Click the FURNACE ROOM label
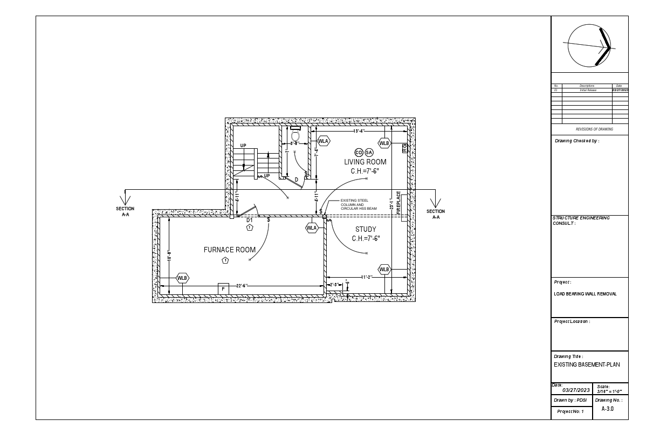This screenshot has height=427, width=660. click(229, 250)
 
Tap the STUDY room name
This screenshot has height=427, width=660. click(366, 230)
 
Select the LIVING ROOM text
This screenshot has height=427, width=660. click(365, 162)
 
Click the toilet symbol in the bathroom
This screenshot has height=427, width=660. click(295, 135)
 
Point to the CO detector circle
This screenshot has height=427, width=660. click(359, 153)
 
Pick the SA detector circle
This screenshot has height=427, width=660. click(369, 153)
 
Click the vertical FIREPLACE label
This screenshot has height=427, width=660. click(399, 203)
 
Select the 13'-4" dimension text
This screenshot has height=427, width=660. click(359, 131)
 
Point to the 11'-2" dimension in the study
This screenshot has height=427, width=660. click(367, 277)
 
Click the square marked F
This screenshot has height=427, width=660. click(223, 289)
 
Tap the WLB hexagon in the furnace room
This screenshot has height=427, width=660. click(183, 278)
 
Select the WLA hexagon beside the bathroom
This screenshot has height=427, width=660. click(323, 141)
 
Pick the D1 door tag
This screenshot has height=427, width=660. click(250, 220)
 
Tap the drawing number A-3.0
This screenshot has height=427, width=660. click(608, 409)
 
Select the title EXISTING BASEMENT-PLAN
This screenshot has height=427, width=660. click(587, 364)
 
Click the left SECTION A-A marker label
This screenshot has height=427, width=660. click(125, 211)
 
